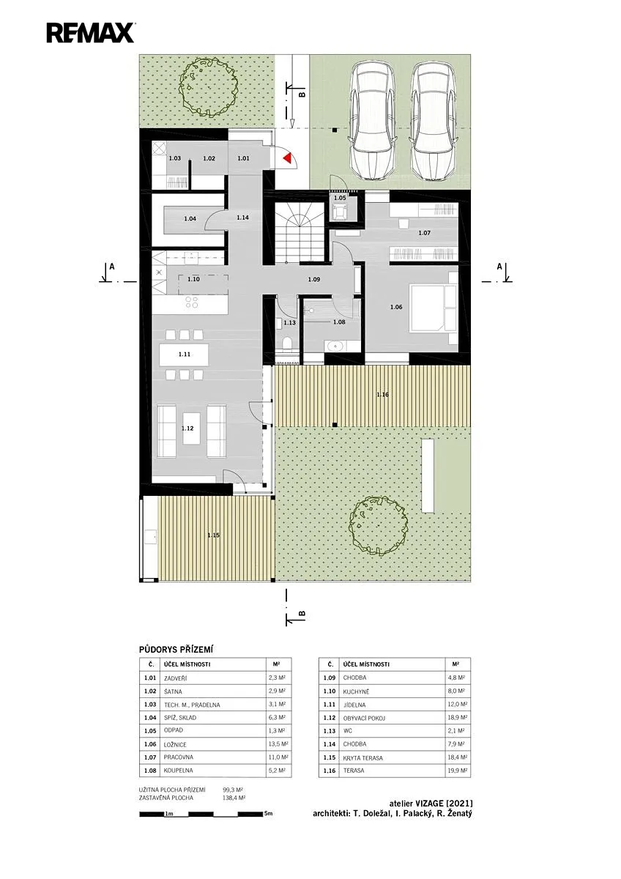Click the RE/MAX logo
[x=91, y=32]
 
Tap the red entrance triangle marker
[x=288, y=157]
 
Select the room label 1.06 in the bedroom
[x=396, y=307]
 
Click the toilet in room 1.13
[x=288, y=343]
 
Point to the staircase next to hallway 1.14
[x=300, y=232]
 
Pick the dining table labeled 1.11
[x=184, y=354]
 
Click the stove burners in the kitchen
[x=192, y=302]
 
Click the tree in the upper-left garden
[x=209, y=87]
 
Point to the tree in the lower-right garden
[x=378, y=526]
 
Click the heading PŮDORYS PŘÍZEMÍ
[x=176, y=650]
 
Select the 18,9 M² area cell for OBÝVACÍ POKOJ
[x=457, y=718]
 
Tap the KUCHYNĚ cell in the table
[x=356, y=691]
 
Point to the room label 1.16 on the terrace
[x=382, y=394]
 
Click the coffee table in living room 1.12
[x=192, y=428]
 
